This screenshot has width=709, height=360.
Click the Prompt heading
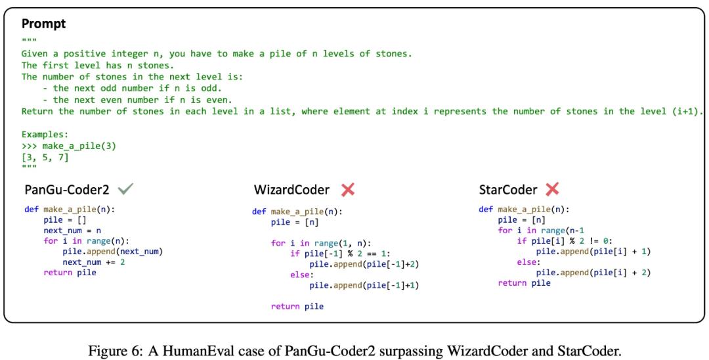(44, 24)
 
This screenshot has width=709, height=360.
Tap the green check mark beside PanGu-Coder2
(125, 189)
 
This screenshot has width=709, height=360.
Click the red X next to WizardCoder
(348, 189)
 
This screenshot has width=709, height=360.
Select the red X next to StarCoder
(552, 189)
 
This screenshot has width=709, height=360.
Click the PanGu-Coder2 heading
(67, 189)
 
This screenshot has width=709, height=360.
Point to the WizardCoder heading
(291, 189)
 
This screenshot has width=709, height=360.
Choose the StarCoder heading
(507, 189)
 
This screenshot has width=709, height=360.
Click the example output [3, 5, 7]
(45, 158)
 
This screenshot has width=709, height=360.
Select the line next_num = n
(72, 230)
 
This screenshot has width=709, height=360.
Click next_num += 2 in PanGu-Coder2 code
(94, 262)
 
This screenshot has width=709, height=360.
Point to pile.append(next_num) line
(112, 252)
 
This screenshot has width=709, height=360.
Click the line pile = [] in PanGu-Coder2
(65, 220)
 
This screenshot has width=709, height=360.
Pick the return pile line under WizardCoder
(297, 306)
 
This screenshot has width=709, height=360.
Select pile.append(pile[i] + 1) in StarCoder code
(593, 252)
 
